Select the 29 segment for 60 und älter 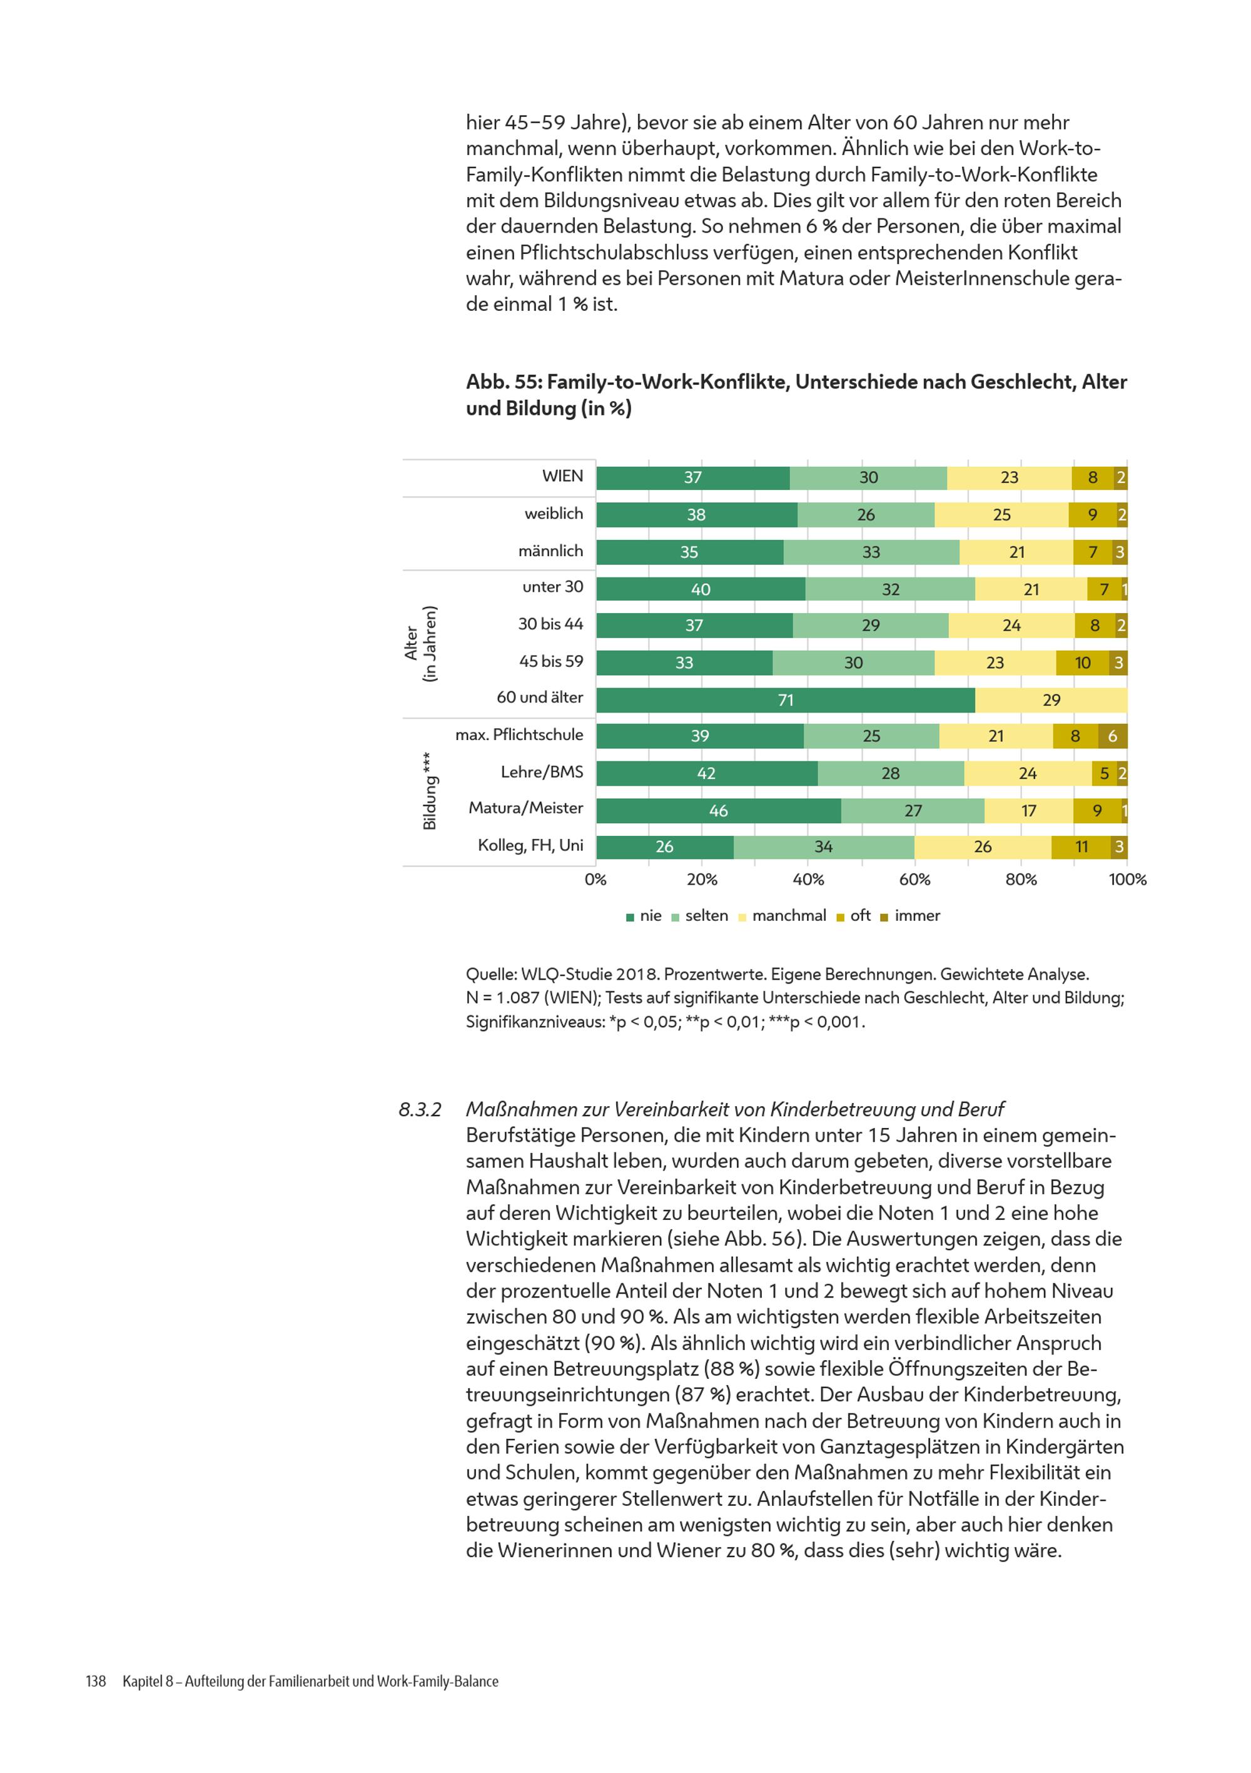tap(1050, 699)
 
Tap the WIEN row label tap(562, 475)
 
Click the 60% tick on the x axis tap(914, 880)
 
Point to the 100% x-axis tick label tap(1127, 880)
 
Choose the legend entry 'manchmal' tap(783, 916)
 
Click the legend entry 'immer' tap(911, 916)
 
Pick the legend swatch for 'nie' tap(630, 917)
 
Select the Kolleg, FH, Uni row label tap(530, 845)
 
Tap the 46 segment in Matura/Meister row tap(718, 811)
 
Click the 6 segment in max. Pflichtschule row tap(1112, 736)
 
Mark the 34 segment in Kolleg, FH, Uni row tap(824, 847)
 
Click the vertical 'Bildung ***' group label tap(429, 791)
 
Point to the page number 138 tap(95, 1681)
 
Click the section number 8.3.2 tap(419, 1110)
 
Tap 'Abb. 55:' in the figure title tap(504, 382)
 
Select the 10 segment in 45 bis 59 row tap(1082, 663)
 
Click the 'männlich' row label tap(550, 551)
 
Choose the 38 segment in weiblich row tap(697, 515)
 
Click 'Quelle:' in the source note tap(491, 975)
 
